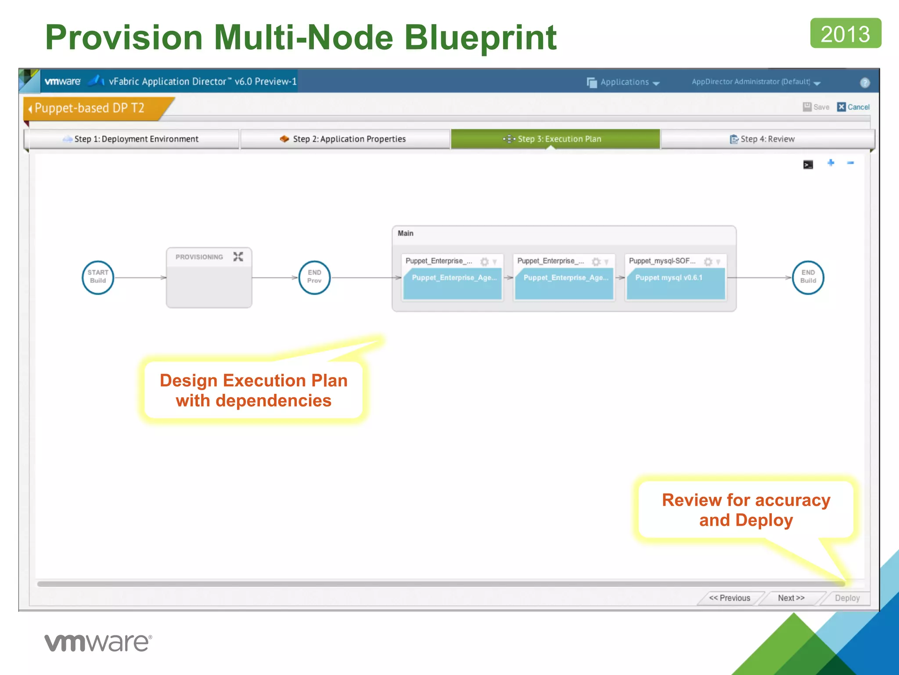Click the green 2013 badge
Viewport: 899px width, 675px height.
click(845, 33)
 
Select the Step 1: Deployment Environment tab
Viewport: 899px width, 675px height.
click(132, 139)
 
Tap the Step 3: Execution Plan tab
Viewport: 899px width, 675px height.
click(555, 139)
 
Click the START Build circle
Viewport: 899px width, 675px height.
click(98, 277)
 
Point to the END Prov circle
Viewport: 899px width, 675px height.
click(314, 277)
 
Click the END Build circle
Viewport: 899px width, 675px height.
click(808, 277)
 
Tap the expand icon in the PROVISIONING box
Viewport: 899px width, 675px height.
click(238, 257)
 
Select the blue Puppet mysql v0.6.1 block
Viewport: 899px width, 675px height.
click(676, 283)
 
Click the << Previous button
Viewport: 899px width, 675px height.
click(730, 598)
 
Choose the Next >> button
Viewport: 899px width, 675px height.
click(791, 598)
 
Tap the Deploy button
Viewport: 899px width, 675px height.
click(847, 598)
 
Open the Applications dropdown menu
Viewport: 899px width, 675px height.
click(624, 82)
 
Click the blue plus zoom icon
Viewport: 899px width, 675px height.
click(831, 163)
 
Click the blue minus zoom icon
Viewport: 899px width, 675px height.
click(850, 163)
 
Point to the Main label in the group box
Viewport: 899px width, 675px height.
click(406, 233)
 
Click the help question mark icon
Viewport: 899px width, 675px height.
click(864, 83)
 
